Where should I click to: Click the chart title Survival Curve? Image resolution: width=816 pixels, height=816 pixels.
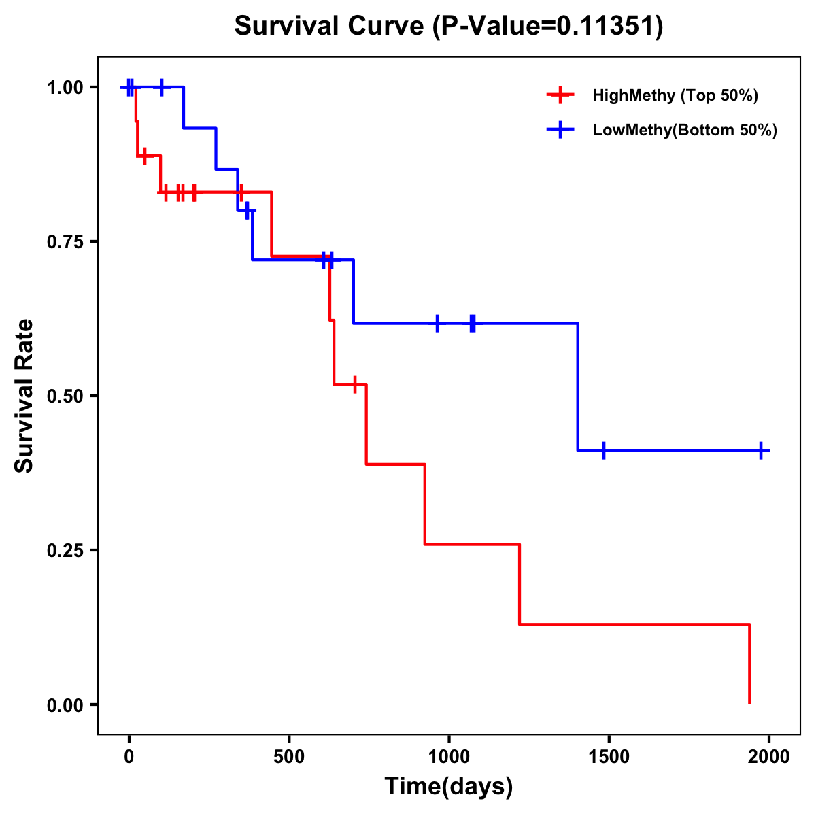(x=448, y=27)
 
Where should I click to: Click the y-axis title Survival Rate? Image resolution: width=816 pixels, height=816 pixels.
(x=24, y=396)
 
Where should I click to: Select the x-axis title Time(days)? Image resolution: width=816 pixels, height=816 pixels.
(x=449, y=786)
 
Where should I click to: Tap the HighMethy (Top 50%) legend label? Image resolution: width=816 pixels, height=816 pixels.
(x=675, y=95)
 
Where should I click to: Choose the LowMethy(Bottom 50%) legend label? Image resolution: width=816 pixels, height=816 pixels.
(x=685, y=130)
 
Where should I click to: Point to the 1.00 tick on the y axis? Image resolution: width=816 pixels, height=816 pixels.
(x=65, y=88)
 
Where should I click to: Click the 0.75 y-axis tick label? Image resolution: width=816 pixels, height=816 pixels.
(x=65, y=242)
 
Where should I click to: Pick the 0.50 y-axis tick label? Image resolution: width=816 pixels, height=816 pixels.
(x=65, y=396)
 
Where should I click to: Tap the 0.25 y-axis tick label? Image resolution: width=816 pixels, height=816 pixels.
(x=65, y=551)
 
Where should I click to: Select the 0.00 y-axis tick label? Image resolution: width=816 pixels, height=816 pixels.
(x=65, y=705)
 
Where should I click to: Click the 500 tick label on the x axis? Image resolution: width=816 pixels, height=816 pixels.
(x=289, y=757)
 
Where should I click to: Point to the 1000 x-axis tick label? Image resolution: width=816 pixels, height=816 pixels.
(x=449, y=757)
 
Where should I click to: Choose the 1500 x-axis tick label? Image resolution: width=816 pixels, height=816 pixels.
(x=609, y=757)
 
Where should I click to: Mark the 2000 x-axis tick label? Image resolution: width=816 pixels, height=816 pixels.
(x=768, y=757)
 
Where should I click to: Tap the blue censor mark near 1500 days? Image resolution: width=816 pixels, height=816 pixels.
(x=603, y=450)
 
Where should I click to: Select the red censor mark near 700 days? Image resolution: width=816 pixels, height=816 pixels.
(x=354, y=385)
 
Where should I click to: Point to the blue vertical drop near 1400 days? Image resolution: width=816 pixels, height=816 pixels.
(x=578, y=387)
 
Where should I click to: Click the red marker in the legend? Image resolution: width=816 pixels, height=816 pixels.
(x=560, y=95)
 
